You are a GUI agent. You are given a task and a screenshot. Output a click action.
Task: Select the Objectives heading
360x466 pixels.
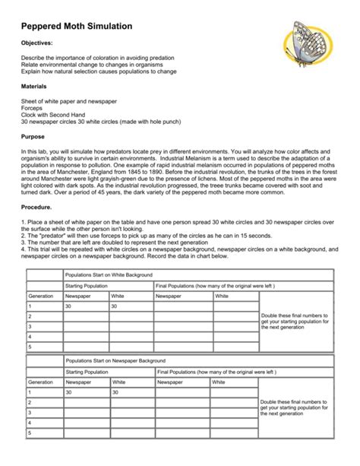coord(36,44)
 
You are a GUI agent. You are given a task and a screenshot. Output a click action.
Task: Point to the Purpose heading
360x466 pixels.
coord(33,136)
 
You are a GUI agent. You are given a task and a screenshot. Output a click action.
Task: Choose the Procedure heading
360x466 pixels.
coord(37,206)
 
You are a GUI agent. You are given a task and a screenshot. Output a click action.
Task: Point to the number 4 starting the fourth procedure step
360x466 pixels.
coord(24,249)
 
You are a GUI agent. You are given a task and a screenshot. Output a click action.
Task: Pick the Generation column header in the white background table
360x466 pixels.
coord(41,296)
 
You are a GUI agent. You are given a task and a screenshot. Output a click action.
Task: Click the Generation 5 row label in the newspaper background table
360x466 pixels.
coord(30,433)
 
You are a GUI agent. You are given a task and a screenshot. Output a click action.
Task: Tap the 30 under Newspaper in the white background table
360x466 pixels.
coord(68,306)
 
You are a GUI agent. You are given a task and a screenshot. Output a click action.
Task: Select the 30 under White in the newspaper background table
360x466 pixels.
coord(115,392)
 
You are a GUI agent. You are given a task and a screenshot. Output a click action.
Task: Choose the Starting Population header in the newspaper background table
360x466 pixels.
coord(87,372)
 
